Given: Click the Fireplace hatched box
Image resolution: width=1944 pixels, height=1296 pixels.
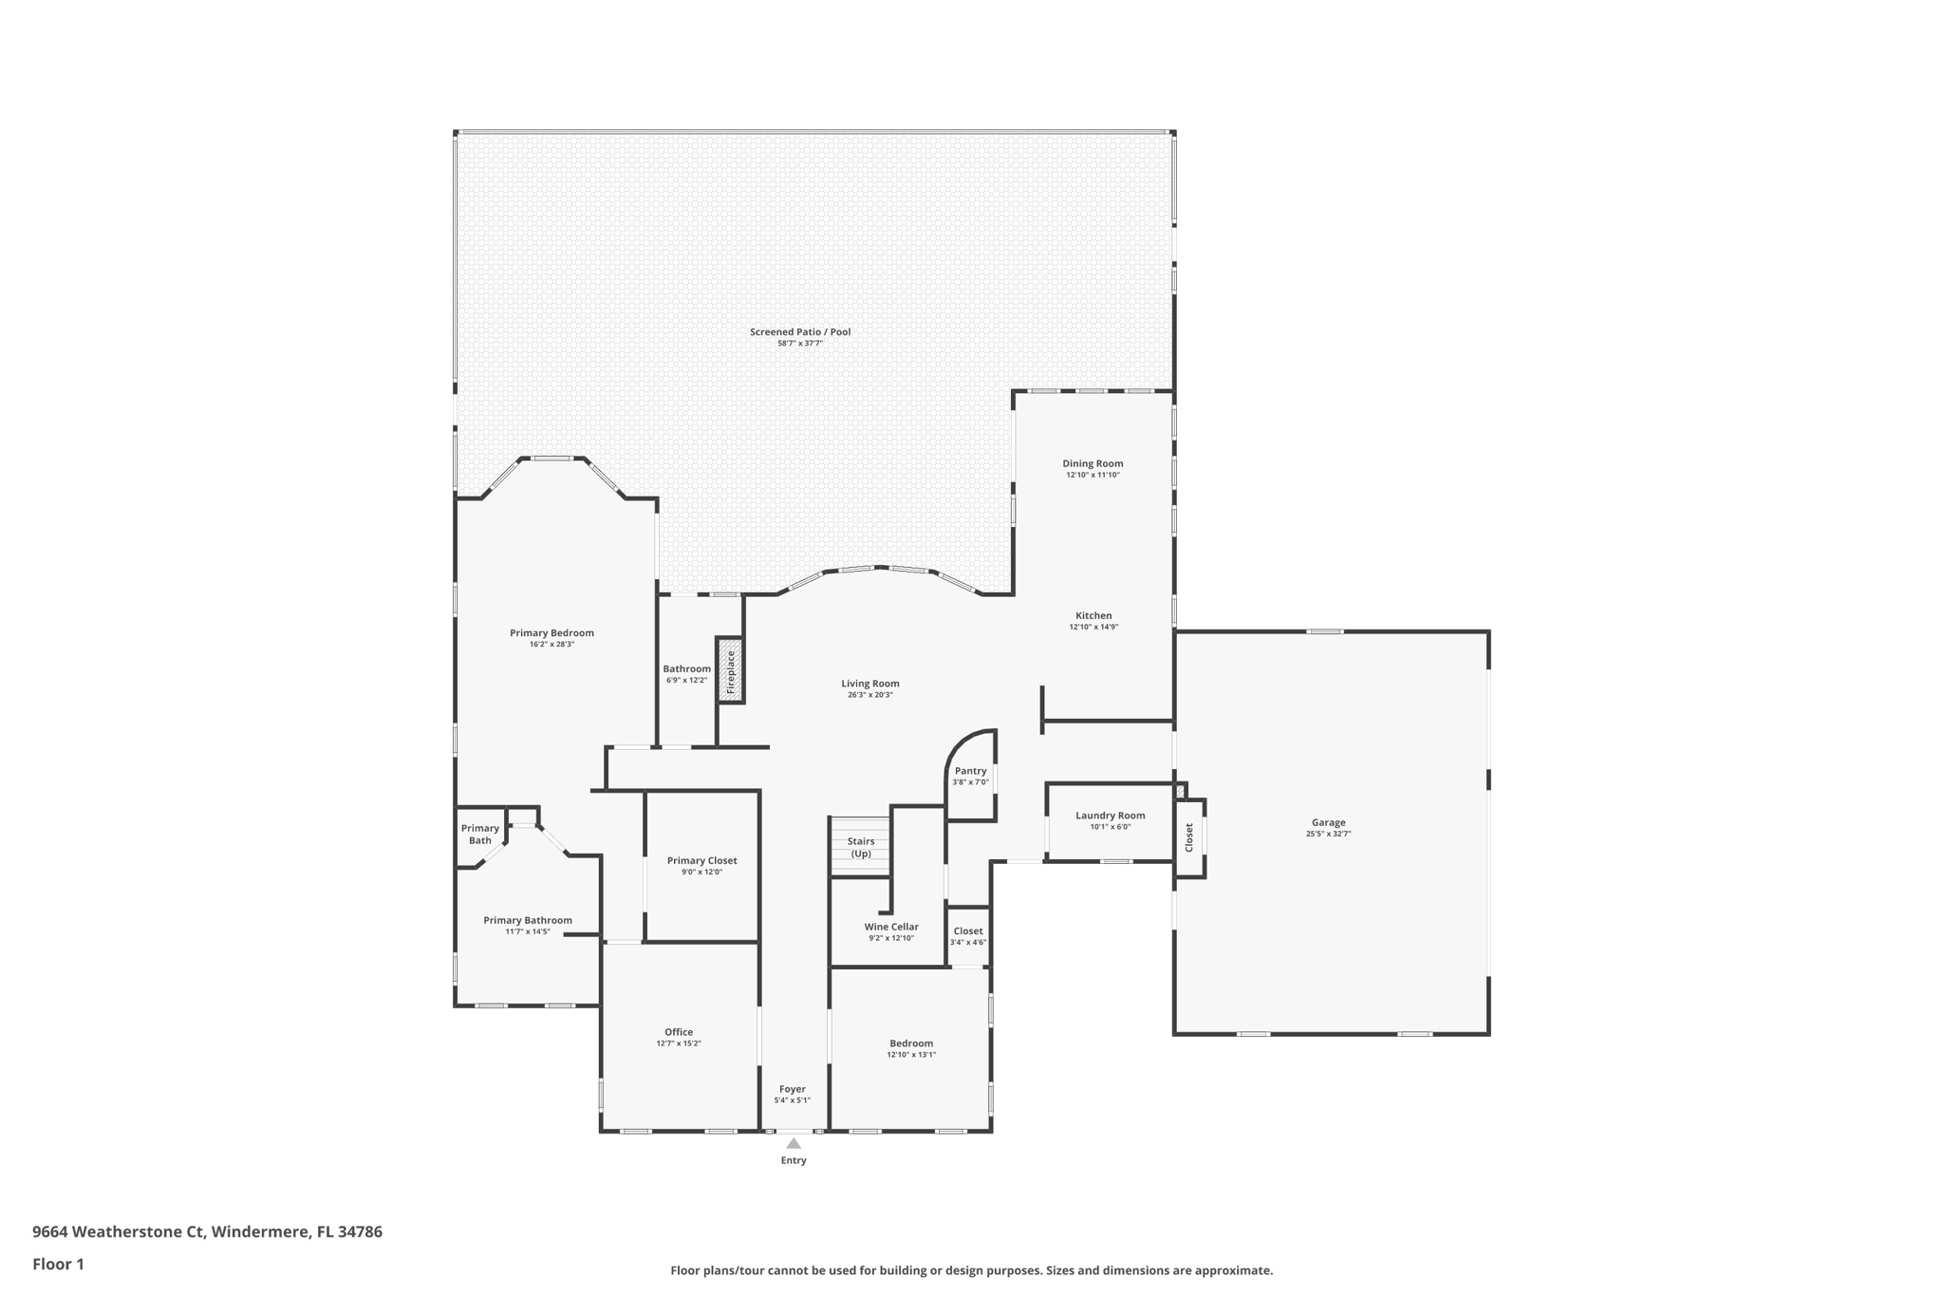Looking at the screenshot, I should pyautogui.click(x=730, y=670).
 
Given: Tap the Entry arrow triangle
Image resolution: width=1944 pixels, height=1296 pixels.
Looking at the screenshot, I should pyautogui.click(x=794, y=1143).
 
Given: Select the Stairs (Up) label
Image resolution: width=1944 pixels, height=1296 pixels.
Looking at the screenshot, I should pyautogui.click(x=861, y=847).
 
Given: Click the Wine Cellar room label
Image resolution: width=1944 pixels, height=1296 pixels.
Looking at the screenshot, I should pyautogui.click(x=891, y=927).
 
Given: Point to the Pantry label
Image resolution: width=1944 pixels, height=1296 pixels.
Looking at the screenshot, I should pyautogui.click(x=970, y=771).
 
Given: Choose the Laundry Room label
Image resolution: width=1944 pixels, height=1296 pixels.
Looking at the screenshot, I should pyautogui.click(x=1110, y=816).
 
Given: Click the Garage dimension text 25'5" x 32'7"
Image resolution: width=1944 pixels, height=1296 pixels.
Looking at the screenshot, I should pyautogui.click(x=1328, y=834).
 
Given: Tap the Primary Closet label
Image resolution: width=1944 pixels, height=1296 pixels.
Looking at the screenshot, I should pyautogui.click(x=701, y=860).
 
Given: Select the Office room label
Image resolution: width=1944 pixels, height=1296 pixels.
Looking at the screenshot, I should pyautogui.click(x=679, y=1032).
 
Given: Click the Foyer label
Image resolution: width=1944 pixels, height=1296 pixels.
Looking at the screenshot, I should pyautogui.click(x=793, y=1089).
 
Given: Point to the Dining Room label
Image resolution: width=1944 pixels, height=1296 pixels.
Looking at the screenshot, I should pyautogui.click(x=1093, y=463).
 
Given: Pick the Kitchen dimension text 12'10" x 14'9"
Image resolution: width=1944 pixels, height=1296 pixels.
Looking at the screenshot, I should pyautogui.click(x=1093, y=627).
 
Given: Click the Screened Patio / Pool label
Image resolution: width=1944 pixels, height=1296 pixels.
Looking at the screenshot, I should pyautogui.click(x=800, y=331).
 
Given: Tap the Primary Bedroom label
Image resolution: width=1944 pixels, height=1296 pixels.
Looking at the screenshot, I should pyautogui.click(x=551, y=633).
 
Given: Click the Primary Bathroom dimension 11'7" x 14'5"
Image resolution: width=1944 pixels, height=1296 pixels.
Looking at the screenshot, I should pyautogui.click(x=528, y=931).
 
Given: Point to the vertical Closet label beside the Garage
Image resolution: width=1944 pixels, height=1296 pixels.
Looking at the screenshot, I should pyautogui.click(x=1188, y=836).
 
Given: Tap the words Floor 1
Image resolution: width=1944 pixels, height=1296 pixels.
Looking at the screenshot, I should pyautogui.click(x=58, y=1264).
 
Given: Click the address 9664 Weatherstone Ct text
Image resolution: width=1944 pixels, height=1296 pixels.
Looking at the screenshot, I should pyautogui.click(x=119, y=1231).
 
